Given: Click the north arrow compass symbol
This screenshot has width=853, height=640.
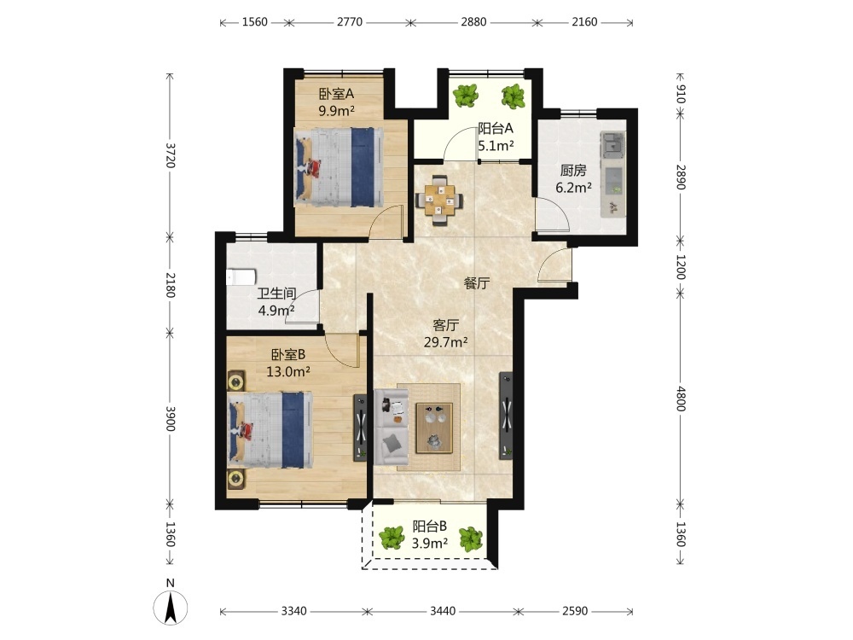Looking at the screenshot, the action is [171, 606].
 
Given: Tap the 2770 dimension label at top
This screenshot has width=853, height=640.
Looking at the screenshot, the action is [349, 22].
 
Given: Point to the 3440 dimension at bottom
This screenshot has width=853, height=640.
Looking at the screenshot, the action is [443, 611].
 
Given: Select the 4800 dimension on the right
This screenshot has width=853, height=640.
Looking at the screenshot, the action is [681, 399].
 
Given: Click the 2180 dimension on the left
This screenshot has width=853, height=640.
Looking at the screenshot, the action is [171, 285].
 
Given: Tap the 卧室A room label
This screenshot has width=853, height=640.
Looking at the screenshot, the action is [336, 94].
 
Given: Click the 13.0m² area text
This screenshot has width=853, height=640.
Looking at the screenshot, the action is [288, 372].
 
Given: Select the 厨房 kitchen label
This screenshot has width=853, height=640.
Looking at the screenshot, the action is [573, 171].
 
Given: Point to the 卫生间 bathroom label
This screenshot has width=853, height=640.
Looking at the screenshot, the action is [277, 294].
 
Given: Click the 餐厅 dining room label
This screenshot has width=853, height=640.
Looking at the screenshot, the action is [477, 283].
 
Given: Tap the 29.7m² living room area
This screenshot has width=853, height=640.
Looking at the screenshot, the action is [446, 342].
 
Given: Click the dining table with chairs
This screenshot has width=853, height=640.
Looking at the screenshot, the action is [439, 200].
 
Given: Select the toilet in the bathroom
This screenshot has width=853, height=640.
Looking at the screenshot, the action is [241, 277].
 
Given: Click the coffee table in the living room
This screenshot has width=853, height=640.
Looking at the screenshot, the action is [434, 428].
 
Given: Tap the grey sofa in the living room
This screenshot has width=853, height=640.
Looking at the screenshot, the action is [392, 427].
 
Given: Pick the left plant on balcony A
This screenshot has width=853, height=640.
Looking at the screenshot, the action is [466, 96].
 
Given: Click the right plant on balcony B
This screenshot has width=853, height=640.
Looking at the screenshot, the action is [470, 538].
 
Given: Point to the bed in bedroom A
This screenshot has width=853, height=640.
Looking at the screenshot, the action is [339, 167].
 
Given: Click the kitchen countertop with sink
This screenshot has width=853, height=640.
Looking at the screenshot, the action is [613, 174].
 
